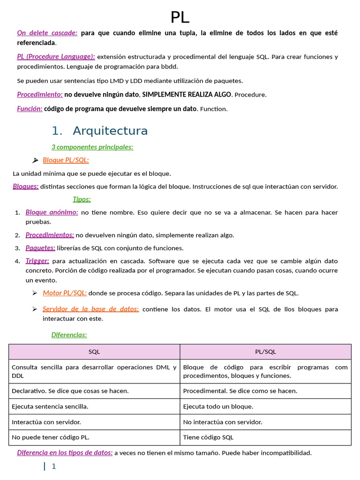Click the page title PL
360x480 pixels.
click(x=180, y=17)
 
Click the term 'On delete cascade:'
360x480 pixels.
click(x=47, y=33)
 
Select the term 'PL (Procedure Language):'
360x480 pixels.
click(x=56, y=57)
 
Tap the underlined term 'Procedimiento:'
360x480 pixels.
click(x=40, y=94)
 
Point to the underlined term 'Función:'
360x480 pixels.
click(x=30, y=109)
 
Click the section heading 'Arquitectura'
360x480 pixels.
click(x=110, y=131)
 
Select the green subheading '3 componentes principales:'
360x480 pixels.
click(x=92, y=147)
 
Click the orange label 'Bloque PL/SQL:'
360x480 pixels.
click(x=66, y=160)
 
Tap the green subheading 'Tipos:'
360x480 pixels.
click(x=82, y=199)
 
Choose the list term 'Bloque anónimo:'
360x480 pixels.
click(x=52, y=212)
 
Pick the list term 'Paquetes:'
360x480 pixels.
click(x=40, y=248)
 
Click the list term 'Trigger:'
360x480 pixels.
click(x=37, y=261)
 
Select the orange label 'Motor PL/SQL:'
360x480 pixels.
click(x=65, y=293)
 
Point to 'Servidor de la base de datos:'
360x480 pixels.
click(x=90, y=309)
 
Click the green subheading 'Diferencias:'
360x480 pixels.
click(x=69, y=335)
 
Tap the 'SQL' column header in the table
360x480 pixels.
click(x=94, y=352)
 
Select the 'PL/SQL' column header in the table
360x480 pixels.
click(x=265, y=352)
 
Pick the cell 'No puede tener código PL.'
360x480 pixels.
click(x=50, y=437)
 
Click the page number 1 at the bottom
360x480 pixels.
click(x=53, y=466)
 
